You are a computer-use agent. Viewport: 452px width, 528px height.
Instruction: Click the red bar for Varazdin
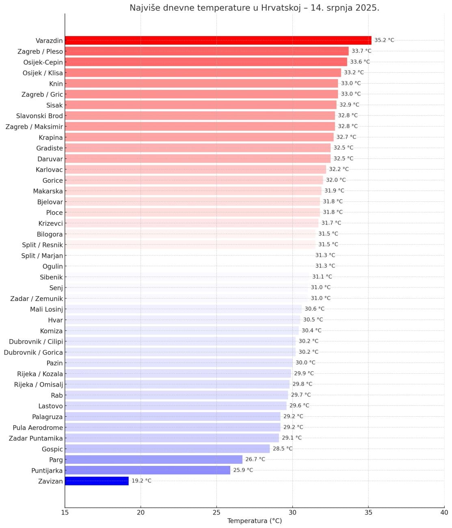tap(218, 40)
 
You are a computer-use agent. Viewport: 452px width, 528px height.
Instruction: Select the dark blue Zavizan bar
tap(97, 481)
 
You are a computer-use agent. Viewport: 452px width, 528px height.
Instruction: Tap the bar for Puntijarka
tap(147, 470)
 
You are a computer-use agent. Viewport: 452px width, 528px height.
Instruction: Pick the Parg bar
tap(154, 459)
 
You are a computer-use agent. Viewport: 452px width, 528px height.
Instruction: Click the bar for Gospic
tap(167, 448)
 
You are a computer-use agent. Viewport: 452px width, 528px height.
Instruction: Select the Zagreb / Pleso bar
tap(206, 51)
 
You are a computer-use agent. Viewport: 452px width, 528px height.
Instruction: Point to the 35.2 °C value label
tap(384, 40)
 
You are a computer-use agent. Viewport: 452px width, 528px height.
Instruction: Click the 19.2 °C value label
tap(141, 481)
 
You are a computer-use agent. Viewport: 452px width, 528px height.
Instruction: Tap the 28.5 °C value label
tap(282, 448)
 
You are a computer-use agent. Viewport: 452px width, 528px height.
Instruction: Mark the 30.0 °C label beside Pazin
tap(305, 363)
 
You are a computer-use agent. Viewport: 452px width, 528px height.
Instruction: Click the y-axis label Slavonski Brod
tap(39, 116)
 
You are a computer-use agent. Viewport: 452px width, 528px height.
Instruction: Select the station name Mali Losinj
tap(46, 309)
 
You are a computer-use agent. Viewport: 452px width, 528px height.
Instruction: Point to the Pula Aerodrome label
tap(38, 428)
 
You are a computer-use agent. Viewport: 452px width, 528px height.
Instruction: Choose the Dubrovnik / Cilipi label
tap(36, 342)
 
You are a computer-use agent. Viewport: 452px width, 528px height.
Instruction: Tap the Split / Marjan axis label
tap(42, 256)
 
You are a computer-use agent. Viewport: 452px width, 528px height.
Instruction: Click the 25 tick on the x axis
tap(216, 513)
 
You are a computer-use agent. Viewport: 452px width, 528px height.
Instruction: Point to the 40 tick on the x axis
tap(444, 513)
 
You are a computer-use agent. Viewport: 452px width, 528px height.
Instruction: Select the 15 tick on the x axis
tap(65, 513)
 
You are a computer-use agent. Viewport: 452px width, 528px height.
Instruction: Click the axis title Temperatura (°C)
tap(254, 521)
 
